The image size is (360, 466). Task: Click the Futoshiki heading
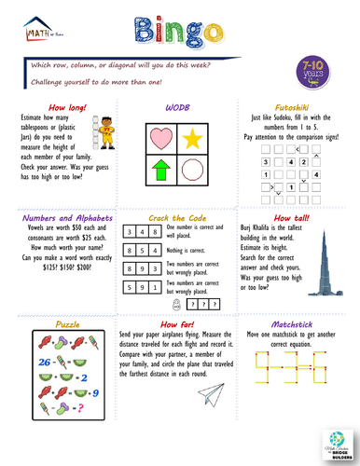pos(298,108)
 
